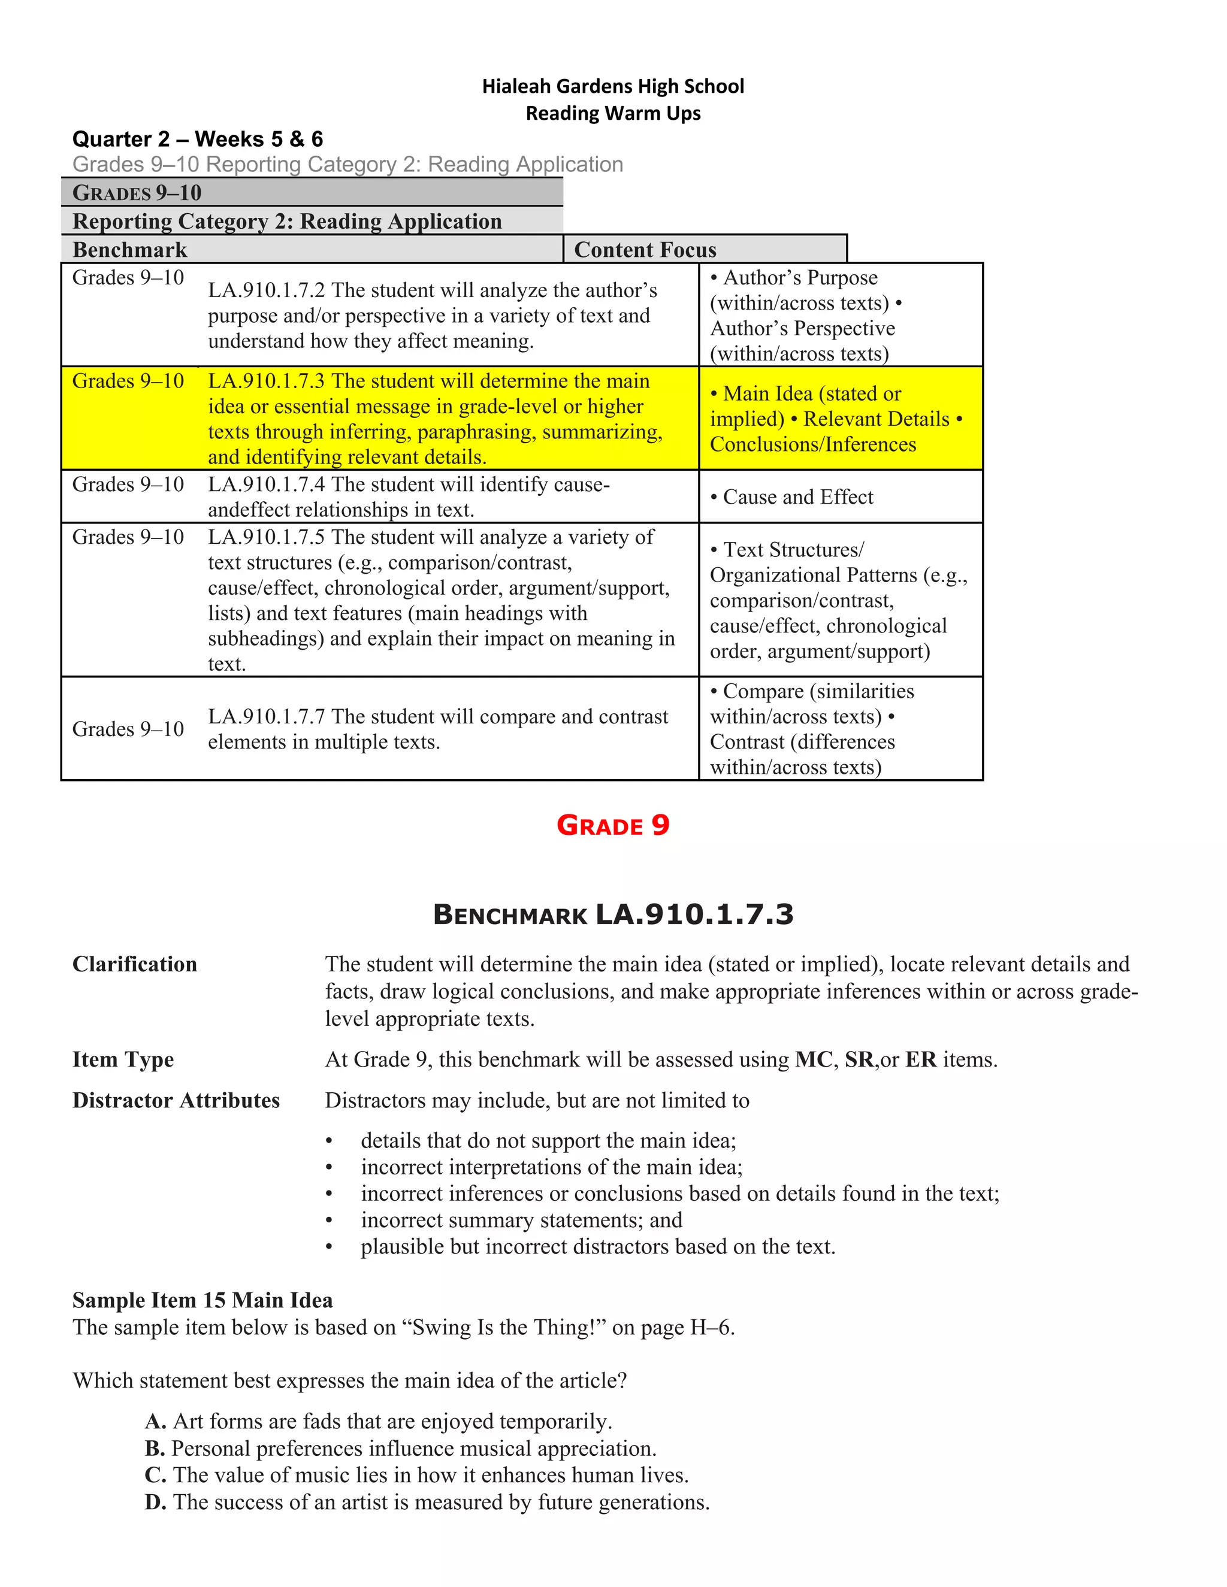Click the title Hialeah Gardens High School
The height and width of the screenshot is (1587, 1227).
(x=613, y=86)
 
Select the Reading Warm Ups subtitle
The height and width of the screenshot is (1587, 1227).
(x=613, y=113)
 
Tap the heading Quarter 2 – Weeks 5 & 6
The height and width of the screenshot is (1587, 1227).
(x=198, y=139)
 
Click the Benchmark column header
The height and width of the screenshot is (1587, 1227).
(x=130, y=250)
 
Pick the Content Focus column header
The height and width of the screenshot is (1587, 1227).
(x=645, y=250)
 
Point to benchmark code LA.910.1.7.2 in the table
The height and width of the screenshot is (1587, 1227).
(x=267, y=290)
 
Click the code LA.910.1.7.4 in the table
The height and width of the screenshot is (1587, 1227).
(x=267, y=484)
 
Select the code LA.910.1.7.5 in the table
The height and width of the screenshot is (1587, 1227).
(x=267, y=537)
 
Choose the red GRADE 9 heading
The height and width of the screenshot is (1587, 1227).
(x=613, y=825)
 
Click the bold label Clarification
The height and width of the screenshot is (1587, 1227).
(x=134, y=964)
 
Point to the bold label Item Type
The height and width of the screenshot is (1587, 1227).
(x=123, y=1059)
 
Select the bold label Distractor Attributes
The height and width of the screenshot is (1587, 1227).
(x=176, y=1100)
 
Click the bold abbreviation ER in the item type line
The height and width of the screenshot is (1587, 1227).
(x=920, y=1059)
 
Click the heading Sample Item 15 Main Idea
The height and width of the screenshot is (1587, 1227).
(x=203, y=1300)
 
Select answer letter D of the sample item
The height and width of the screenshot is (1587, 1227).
(x=155, y=1502)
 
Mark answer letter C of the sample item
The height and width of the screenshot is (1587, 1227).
(x=155, y=1475)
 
